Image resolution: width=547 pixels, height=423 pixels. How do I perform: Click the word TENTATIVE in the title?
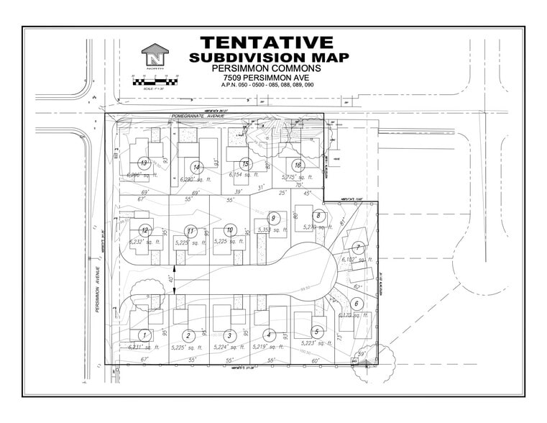267,42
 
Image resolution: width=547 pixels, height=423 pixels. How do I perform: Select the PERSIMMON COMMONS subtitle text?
268,68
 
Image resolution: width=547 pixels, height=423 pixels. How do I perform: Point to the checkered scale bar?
155,82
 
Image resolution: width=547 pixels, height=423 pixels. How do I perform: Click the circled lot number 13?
144,163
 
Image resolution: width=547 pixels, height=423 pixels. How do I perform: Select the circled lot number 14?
196,167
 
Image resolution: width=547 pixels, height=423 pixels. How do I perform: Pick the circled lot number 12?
144,230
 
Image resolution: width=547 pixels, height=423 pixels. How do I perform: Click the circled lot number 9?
272,217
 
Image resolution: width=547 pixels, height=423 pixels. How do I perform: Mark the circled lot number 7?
357,247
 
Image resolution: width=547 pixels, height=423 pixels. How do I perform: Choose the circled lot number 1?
144,335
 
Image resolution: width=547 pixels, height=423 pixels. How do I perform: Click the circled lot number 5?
316,331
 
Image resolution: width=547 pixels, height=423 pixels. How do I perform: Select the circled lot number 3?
229,335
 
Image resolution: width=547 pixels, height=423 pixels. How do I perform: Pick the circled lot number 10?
229,229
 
